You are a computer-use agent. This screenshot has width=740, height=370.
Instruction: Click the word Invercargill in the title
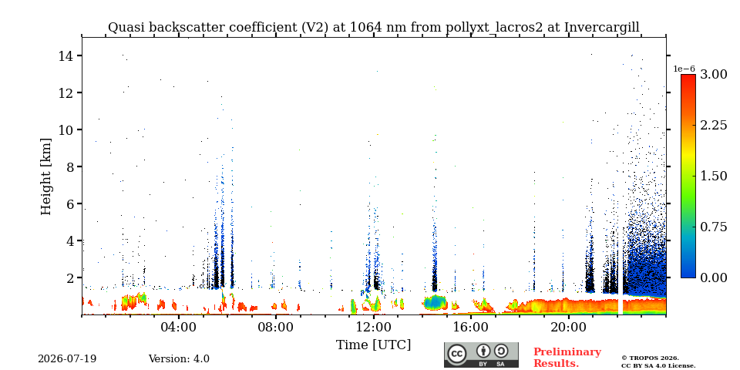click(602, 28)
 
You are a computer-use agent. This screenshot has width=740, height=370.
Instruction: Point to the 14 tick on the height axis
click(79, 55)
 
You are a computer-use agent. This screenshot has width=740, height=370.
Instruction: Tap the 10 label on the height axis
click(66, 129)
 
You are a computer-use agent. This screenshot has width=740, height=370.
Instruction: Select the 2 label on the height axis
click(70, 278)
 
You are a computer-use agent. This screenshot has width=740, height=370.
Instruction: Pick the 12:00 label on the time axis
click(374, 327)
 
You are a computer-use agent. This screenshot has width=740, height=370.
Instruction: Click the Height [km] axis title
click(45, 177)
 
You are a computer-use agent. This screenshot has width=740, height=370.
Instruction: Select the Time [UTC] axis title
click(373, 345)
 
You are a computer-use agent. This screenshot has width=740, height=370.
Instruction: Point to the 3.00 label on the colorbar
click(713, 74)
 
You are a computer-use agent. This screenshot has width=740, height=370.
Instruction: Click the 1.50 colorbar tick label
click(713, 176)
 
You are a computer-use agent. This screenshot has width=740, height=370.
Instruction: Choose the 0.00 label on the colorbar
click(713, 278)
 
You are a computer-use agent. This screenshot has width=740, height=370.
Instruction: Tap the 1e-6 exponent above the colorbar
click(684, 69)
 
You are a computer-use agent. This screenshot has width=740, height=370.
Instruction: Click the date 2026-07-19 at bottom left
click(67, 359)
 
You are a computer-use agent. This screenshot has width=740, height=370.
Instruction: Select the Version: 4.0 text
click(179, 359)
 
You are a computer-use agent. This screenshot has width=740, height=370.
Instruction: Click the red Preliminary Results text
click(567, 357)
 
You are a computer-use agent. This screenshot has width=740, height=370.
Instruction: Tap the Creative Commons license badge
click(481, 355)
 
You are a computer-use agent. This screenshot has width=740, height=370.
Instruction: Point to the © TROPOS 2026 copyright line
click(650, 358)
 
